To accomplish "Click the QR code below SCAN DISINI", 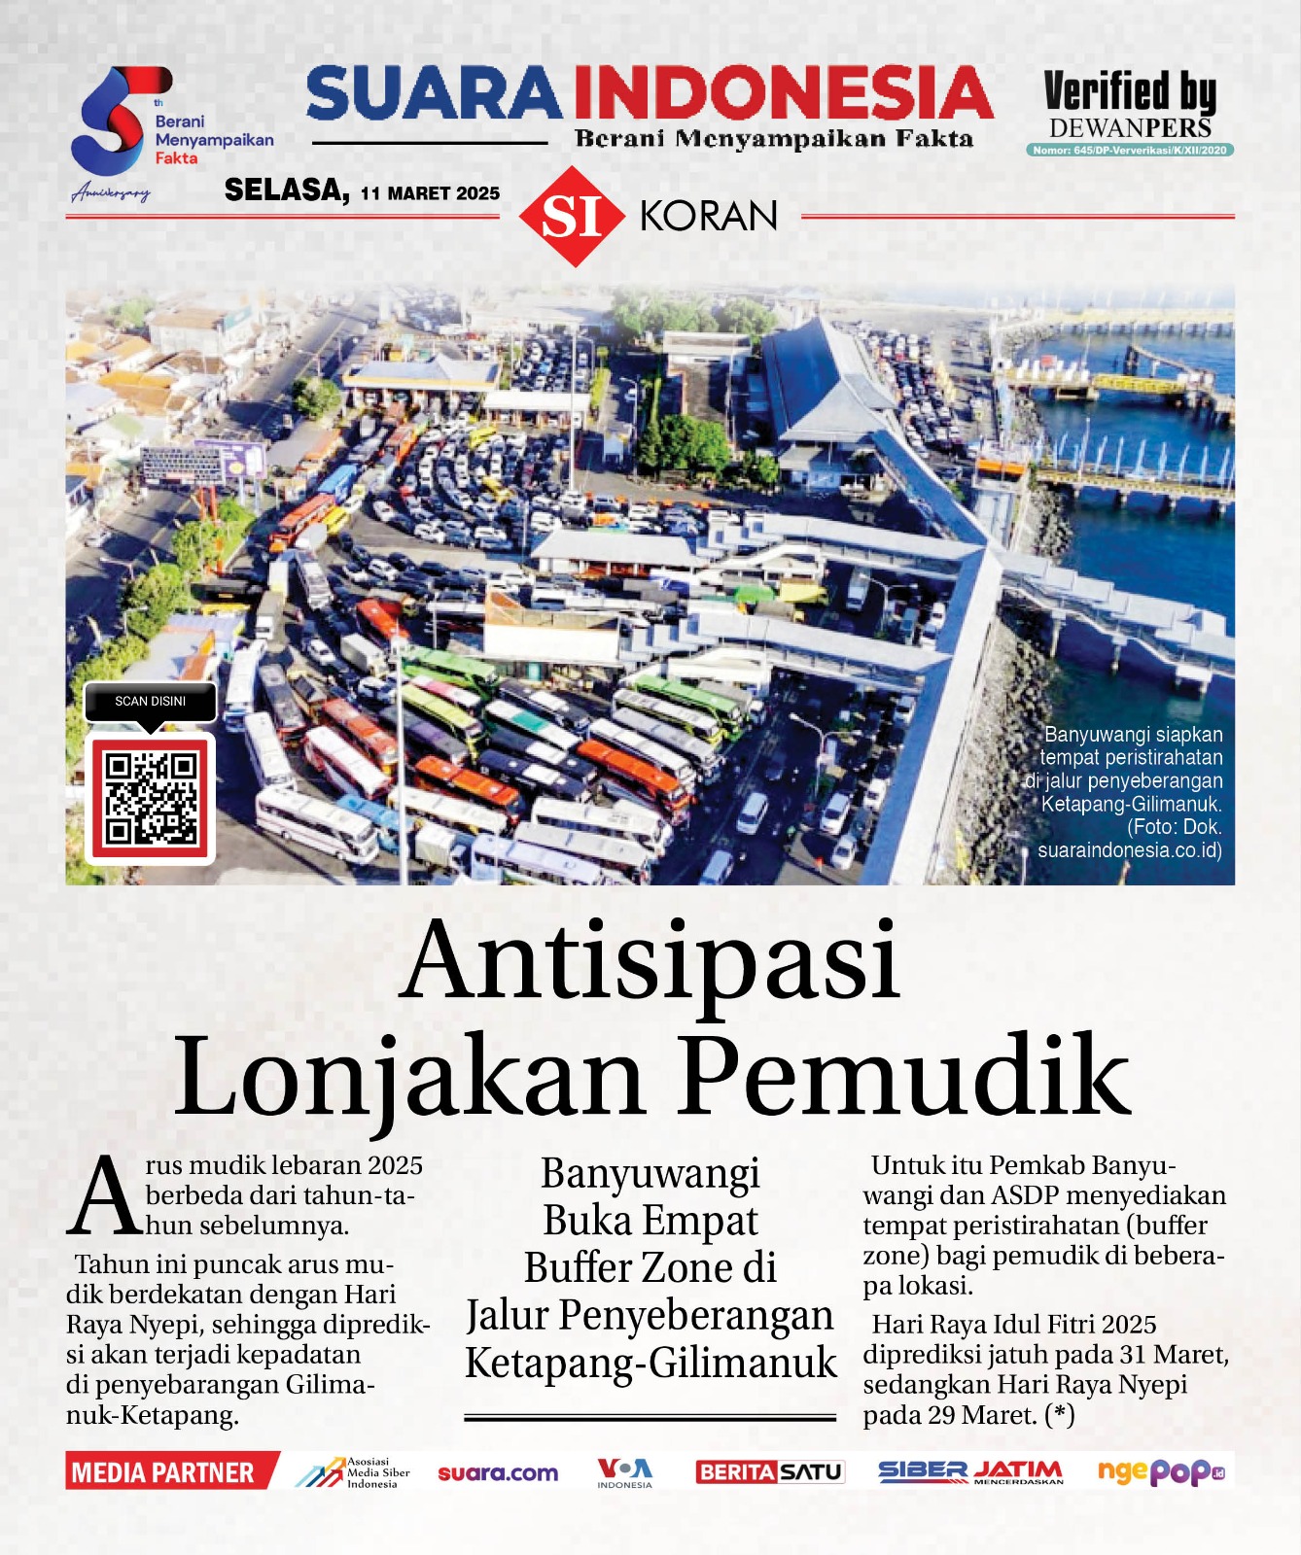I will tap(151, 799).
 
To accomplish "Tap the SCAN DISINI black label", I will tap(151, 702).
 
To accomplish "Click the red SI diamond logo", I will tap(572, 216).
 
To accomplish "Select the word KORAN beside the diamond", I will tap(709, 216).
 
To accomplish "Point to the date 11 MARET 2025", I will tap(430, 193).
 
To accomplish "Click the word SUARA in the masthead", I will tap(434, 94).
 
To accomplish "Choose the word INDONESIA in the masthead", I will tap(783, 94).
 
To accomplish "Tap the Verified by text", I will tap(1130, 92).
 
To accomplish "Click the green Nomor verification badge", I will tap(1130, 151).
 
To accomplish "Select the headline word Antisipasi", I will tap(650, 962).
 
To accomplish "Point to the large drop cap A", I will tap(104, 1195).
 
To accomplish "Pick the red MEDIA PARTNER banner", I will tap(165, 1472).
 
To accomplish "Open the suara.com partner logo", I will tap(498, 1473).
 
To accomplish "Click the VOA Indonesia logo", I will tap(624, 1472).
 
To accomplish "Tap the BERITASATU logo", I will tap(769, 1472).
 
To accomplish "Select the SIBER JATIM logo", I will tap(969, 1472).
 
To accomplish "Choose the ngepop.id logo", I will tap(1160, 1472).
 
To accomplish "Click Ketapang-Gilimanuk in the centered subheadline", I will tap(650, 1363).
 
